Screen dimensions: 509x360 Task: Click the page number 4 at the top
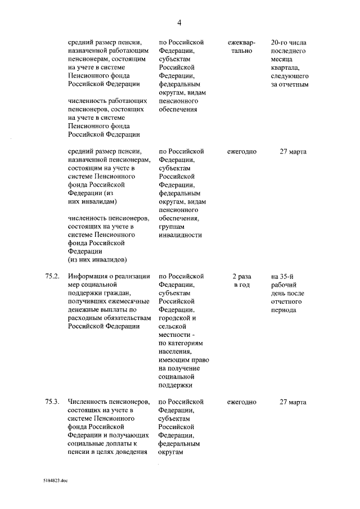(179, 22)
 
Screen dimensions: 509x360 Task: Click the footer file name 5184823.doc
(55, 481)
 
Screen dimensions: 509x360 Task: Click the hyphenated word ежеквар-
(242, 43)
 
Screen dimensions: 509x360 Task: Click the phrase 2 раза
(242, 276)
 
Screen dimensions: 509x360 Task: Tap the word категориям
(185, 343)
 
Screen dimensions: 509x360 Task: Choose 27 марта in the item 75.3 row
(292, 402)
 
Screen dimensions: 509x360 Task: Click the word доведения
(131, 452)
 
